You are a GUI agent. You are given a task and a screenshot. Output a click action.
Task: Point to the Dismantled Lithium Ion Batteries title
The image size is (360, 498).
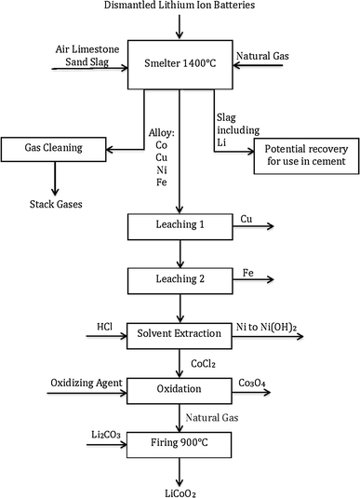(x=180, y=8)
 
